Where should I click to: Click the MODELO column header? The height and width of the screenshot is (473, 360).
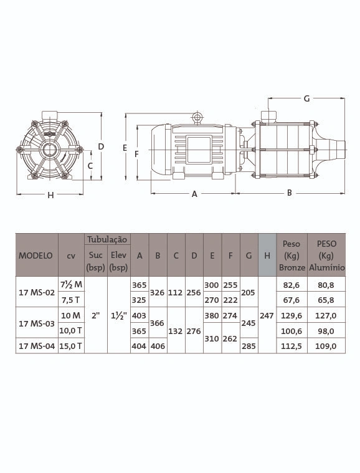(36, 256)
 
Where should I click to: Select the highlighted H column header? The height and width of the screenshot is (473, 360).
(267, 256)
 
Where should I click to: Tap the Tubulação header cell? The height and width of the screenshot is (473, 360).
(107, 239)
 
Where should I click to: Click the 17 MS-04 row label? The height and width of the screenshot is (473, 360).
(37, 346)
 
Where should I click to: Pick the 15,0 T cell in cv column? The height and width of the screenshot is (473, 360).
(70, 346)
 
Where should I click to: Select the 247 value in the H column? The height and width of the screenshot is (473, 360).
(267, 315)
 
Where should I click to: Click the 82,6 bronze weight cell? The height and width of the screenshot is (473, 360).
(291, 285)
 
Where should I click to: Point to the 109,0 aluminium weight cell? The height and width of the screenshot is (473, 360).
(326, 346)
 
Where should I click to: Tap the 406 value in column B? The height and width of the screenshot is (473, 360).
(158, 346)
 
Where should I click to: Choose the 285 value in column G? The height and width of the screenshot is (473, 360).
(249, 346)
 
